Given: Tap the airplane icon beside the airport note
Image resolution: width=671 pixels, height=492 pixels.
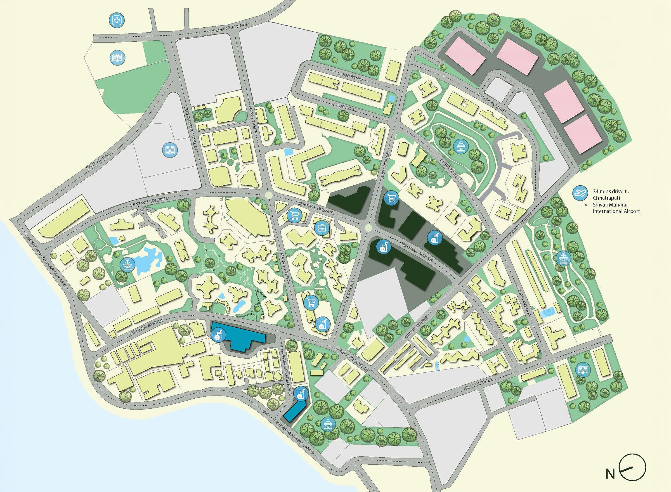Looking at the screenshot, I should pos(578,193).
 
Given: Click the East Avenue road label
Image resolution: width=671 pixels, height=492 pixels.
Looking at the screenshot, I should pos(98,161).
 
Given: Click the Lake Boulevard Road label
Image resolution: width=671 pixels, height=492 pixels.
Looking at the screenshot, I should pos(287,368).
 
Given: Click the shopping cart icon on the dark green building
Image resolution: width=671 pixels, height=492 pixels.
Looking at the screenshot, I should pos(391,198).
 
